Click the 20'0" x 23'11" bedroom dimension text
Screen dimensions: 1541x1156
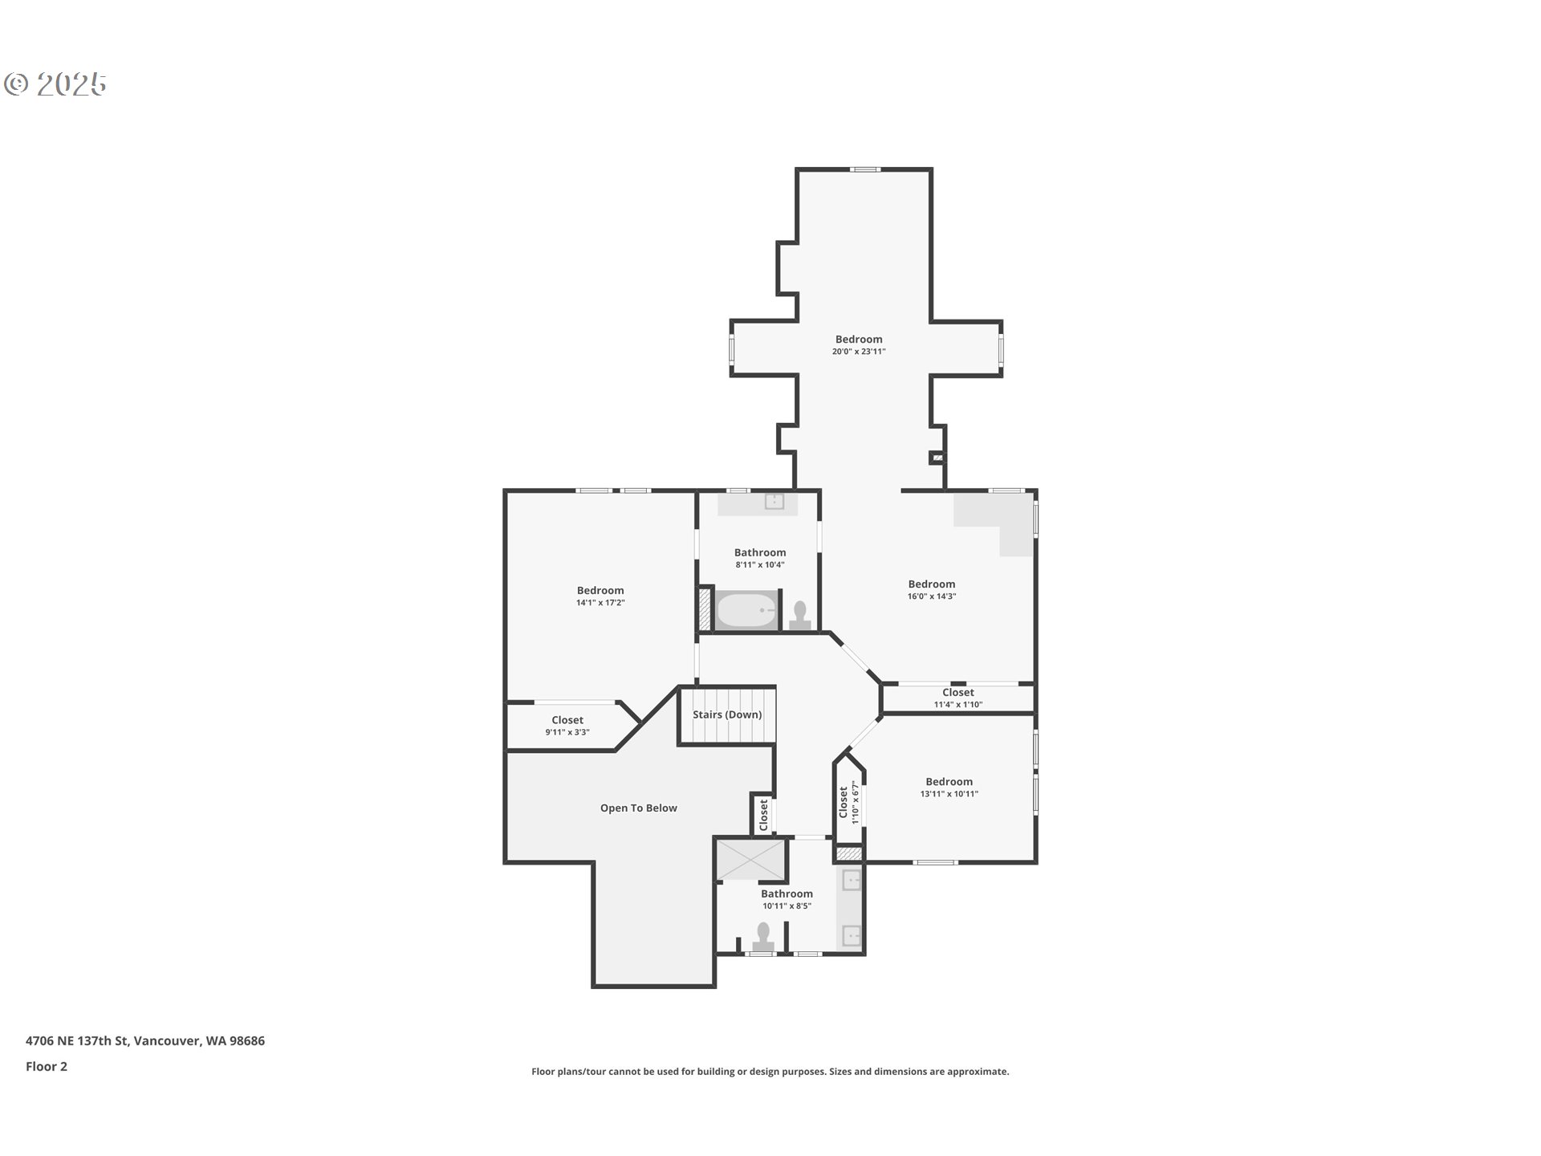coord(859,352)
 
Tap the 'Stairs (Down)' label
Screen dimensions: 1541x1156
coord(727,714)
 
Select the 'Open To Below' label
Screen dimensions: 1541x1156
coord(639,808)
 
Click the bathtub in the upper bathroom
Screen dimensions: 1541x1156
coord(746,611)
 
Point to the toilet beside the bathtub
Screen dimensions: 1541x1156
coord(799,615)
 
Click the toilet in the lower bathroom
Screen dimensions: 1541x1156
coord(762,937)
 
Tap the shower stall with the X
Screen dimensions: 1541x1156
coord(750,859)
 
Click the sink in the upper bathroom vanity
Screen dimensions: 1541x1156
coord(774,502)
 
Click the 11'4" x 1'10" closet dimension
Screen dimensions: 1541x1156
coord(958,705)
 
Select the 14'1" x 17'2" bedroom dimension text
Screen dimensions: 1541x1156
coord(600,603)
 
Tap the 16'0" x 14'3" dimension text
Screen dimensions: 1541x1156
coord(932,596)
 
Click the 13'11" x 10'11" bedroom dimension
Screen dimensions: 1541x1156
coord(949,794)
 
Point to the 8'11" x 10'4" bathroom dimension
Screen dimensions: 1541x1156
coord(760,565)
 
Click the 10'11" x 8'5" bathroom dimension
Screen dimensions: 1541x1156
coord(787,906)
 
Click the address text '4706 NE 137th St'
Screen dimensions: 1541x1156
coord(77,1041)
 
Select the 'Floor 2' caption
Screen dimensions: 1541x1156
coord(47,1067)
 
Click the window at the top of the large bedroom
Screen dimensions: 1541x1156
coord(866,169)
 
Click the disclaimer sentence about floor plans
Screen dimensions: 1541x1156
coord(770,1072)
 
